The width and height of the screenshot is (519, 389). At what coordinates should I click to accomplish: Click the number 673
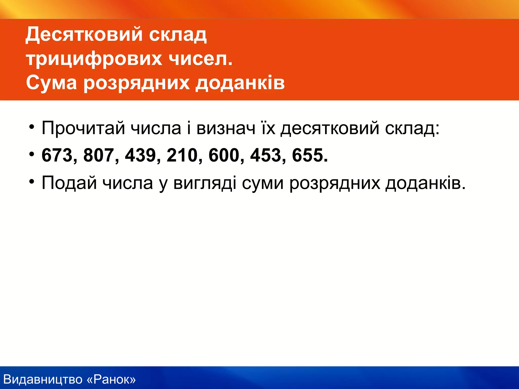57,155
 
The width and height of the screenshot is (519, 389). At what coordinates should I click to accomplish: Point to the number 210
182,155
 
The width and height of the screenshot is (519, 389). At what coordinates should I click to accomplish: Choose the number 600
224,155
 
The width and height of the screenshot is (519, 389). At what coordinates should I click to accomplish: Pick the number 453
266,155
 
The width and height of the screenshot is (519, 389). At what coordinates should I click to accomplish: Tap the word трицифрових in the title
94,59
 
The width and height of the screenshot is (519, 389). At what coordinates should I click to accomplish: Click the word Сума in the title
51,83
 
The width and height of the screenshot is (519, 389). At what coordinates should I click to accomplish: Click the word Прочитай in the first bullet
83,128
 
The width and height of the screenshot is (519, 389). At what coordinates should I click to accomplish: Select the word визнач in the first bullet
226,128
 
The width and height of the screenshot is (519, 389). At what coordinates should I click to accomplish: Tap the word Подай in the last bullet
69,183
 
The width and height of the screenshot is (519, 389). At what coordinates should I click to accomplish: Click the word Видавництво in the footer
43,379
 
